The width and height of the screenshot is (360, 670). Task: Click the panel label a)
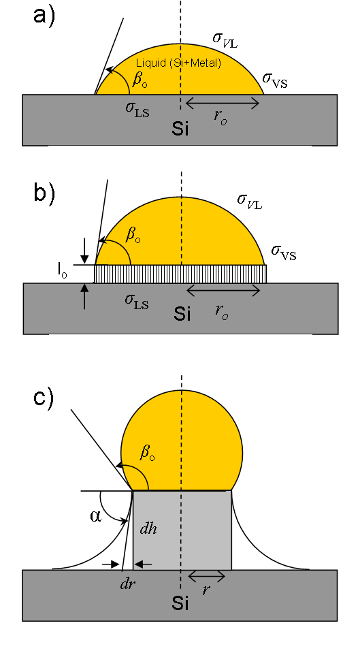(44, 18)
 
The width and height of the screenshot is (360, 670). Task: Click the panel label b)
(44, 193)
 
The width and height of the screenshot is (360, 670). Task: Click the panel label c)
(44, 398)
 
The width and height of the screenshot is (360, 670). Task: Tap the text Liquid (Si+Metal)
(178, 63)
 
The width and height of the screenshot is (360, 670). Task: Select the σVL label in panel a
(225, 39)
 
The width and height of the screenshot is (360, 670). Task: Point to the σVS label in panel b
(284, 253)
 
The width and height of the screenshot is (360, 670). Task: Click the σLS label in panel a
(137, 109)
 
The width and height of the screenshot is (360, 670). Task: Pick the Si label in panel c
(180, 603)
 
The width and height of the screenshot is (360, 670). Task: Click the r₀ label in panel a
(220, 118)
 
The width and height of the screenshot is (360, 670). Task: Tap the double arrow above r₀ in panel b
(223, 291)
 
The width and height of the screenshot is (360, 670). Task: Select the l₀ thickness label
(63, 274)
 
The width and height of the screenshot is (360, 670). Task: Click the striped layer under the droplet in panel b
(180, 274)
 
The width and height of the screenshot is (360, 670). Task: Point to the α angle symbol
(96, 516)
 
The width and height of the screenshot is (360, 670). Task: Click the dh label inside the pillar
(148, 528)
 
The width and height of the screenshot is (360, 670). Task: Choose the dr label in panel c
(128, 584)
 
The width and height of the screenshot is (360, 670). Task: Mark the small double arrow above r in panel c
(206, 577)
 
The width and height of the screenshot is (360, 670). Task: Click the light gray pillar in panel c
(182, 530)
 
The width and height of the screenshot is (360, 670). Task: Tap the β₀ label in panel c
(147, 453)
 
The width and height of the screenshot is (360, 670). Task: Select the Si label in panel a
(180, 129)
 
